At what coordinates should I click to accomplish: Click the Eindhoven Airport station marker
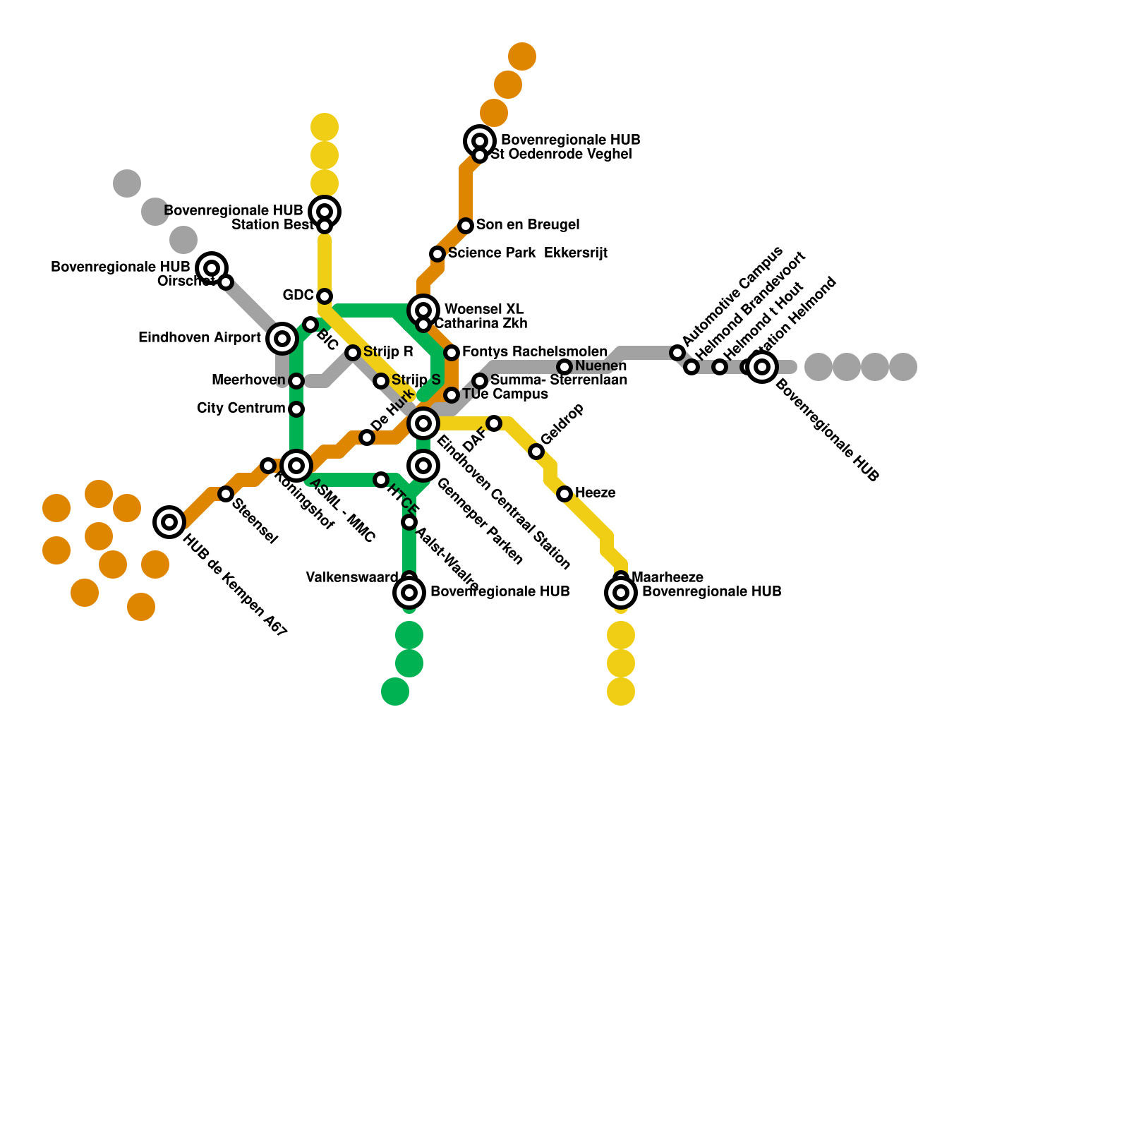[282, 339]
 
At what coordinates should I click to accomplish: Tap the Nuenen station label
[600, 366]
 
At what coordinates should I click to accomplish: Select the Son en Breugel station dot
[466, 226]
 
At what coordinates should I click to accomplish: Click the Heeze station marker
[564, 494]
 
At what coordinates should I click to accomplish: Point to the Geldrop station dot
[536, 452]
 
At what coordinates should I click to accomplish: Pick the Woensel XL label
[484, 310]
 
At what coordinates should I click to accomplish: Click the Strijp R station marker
[353, 353]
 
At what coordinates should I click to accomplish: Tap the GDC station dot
[325, 296]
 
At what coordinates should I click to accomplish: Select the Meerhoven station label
[248, 380]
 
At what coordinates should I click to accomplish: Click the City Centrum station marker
[296, 409]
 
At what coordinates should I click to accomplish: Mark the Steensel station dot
[226, 494]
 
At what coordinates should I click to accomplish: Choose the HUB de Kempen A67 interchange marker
[169, 522]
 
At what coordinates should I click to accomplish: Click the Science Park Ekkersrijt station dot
[437, 254]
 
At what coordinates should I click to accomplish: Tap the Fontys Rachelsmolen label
[534, 351]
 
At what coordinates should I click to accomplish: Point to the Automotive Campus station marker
[677, 353]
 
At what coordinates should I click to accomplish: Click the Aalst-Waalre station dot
[409, 522]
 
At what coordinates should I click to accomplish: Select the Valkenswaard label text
[351, 578]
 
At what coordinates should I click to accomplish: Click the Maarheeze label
[668, 578]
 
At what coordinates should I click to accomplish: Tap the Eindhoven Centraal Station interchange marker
[423, 423]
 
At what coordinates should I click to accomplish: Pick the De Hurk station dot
[367, 437]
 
